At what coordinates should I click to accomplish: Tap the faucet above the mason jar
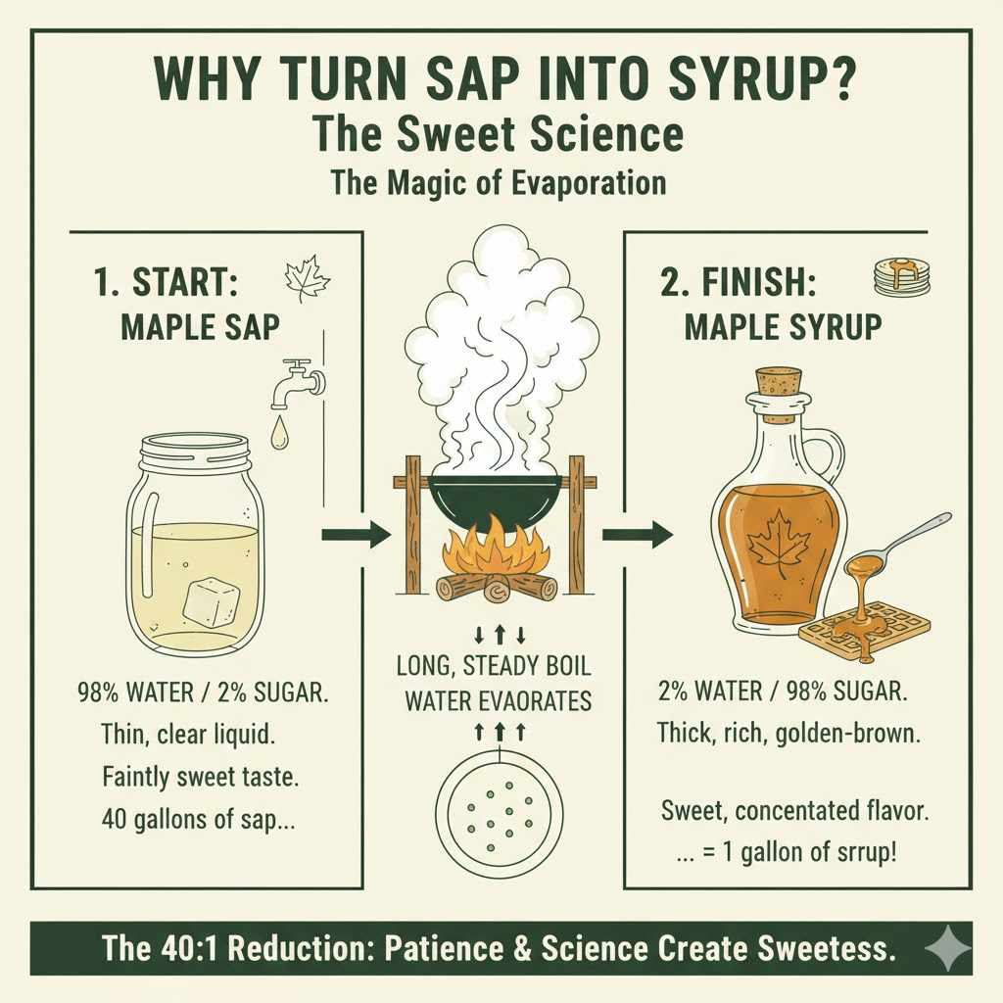[299, 382]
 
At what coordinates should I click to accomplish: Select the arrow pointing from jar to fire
[356, 535]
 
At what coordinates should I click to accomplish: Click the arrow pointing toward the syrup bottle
[637, 535]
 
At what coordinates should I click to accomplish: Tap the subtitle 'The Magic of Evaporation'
[499, 182]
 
